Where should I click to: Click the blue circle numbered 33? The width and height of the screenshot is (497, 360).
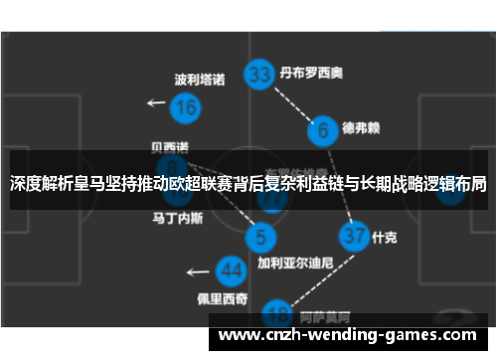pyautogui.click(x=260, y=75)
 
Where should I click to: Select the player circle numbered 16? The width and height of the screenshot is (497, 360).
pyautogui.click(x=185, y=106)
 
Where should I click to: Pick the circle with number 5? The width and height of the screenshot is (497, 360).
pyautogui.click(x=260, y=237)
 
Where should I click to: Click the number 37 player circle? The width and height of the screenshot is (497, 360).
pyautogui.click(x=353, y=237)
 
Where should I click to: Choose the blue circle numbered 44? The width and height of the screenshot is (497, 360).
pyautogui.click(x=232, y=270)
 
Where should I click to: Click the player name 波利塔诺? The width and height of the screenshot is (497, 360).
pyautogui.click(x=200, y=79)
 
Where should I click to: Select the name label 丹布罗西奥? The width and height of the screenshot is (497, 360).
pyautogui.click(x=311, y=73)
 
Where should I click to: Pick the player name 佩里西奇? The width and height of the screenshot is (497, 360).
pyautogui.click(x=222, y=298)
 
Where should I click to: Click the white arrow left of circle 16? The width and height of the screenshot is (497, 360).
pyautogui.click(x=156, y=102)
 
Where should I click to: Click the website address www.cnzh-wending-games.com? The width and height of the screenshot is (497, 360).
pyautogui.click(x=352, y=335)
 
